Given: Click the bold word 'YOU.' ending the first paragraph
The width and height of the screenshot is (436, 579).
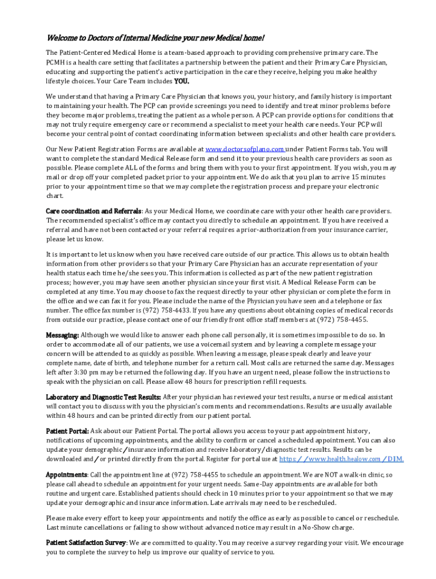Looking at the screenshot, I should [x=181, y=81].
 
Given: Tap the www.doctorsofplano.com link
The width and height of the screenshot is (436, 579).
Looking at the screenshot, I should [x=245, y=149].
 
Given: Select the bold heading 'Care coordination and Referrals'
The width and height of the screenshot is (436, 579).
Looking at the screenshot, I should [x=93, y=211].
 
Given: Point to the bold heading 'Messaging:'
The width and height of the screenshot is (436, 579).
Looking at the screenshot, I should [x=62, y=335].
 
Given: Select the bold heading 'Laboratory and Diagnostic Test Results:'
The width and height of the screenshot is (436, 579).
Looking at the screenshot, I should [x=104, y=397].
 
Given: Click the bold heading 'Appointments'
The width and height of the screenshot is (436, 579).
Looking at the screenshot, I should [x=66, y=475].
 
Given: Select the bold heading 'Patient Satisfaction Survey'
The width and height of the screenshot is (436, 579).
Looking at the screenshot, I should [x=86, y=543].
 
